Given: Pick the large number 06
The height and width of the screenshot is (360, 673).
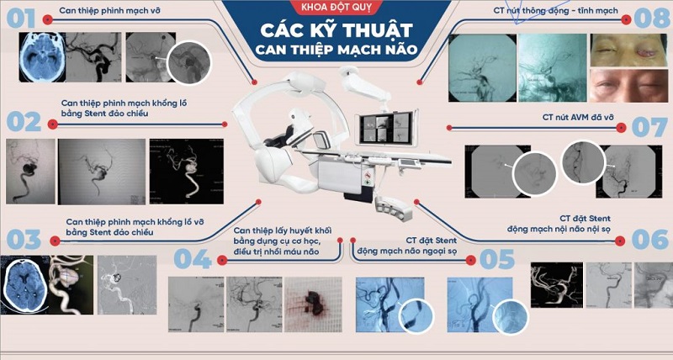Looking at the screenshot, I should click(x=649, y=239).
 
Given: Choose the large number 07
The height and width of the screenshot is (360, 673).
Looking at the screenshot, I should click(x=649, y=127).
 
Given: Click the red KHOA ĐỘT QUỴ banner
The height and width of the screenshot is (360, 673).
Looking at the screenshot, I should click(x=336, y=9).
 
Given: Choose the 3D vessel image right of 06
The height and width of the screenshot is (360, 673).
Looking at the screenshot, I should click(x=554, y=286).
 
